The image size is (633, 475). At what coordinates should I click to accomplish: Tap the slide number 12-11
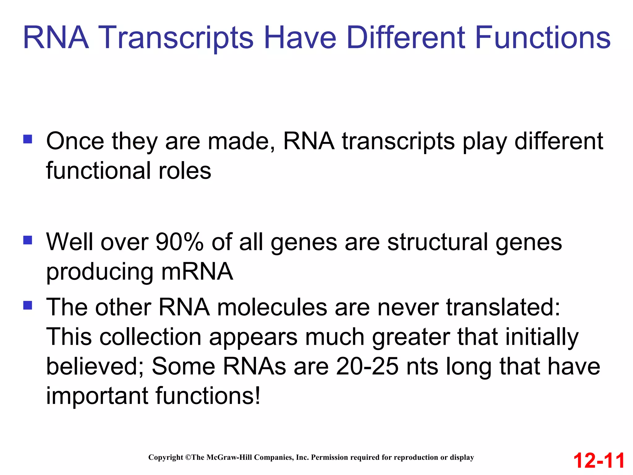click(x=599, y=460)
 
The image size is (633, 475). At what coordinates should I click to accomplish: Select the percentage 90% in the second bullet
click(x=179, y=242)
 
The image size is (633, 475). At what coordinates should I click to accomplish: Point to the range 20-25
click(x=367, y=366)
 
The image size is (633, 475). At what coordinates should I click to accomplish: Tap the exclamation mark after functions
click(x=257, y=396)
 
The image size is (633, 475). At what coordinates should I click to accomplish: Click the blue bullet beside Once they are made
click(x=28, y=139)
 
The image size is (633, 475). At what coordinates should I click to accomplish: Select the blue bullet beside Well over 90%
click(x=28, y=240)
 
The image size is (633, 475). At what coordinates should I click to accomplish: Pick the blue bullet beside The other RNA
click(x=28, y=306)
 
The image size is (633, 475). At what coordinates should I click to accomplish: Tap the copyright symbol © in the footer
click(x=188, y=457)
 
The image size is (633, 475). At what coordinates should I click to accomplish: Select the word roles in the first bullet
click(x=185, y=171)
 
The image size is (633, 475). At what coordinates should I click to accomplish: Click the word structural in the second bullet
click(x=438, y=242)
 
